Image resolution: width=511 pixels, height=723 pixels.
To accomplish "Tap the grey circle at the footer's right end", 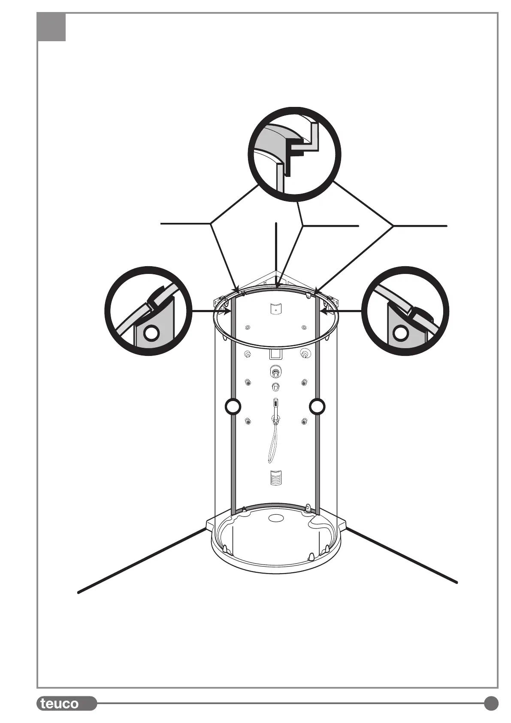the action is pos(491,703).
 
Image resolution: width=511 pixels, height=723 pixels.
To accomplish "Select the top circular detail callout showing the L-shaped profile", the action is pos(295,154).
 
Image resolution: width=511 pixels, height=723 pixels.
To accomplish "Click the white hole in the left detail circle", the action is pos(151,333).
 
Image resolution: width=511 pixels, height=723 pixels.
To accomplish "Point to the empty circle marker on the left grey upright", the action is pos(233,406).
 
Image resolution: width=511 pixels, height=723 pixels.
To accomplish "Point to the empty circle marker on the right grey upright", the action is pos(317,406).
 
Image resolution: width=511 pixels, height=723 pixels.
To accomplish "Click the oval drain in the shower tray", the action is pos(276,519).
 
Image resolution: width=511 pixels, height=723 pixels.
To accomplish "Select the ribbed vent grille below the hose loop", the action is pos(276,477).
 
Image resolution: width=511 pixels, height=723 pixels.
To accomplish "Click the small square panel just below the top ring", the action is pos(275,354).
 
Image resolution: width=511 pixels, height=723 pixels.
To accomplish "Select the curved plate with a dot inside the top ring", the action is pos(275,308).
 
